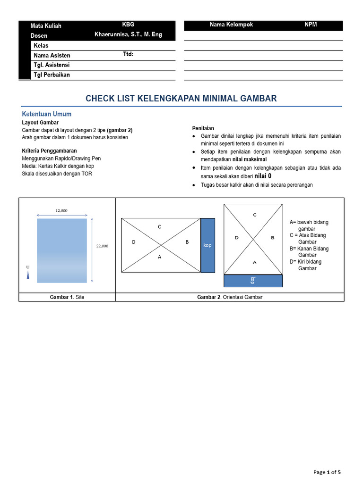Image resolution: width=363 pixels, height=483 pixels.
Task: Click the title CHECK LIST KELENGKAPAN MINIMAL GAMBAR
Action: (181, 99)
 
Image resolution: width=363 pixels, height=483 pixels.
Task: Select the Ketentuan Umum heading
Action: (46, 114)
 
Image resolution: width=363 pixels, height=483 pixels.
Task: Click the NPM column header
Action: (311, 25)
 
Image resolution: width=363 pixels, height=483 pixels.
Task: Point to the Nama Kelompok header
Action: (231, 25)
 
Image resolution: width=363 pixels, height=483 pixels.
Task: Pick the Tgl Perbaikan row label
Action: (52, 75)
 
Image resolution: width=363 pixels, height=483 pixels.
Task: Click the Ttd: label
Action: (128, 54)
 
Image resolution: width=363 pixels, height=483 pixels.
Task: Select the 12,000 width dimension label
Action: (61, 210)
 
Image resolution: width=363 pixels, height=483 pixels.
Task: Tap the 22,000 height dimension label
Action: (102, 246)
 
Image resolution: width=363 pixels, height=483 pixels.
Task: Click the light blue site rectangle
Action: (62, 250)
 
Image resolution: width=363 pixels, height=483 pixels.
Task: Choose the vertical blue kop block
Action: (207, 245)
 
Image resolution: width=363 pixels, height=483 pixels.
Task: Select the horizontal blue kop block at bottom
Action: (253, 280)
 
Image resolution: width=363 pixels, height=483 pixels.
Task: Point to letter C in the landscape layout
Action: (160, 227)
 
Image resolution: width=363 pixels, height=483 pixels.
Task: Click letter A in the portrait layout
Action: (255, 262)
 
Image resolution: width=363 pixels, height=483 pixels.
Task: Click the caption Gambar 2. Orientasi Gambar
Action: (229, 297)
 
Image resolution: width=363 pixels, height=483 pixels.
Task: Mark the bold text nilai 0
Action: (263, 175)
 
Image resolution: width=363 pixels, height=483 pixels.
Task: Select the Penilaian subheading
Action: (203, 128)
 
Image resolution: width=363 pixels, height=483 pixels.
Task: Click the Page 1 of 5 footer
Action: (327, 472)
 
